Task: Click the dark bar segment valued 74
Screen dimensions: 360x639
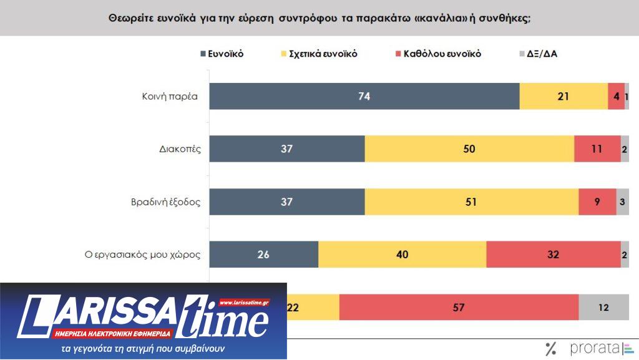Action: click(364, 97)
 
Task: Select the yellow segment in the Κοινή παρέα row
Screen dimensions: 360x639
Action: click(563, 97)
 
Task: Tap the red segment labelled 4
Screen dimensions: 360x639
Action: click(616, 97)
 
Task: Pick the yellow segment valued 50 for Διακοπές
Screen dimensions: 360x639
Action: click(469, 148)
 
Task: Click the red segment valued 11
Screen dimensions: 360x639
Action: click(597, 148)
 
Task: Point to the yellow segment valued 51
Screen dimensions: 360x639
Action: click(472, 202)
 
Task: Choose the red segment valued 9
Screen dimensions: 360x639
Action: click(597, 202)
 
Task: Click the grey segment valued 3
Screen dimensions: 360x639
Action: click(623, 202)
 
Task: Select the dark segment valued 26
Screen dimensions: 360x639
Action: click(263, 254)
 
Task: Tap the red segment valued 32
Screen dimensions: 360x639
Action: click(554, 254)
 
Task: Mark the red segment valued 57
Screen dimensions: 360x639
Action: click(459, 307)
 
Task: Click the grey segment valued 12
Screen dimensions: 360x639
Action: click(603, 307)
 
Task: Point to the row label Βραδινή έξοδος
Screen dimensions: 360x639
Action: click(166, 202)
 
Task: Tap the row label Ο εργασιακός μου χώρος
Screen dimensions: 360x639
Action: click(142, 255)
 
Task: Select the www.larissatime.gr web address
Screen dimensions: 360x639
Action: click(244, 303)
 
